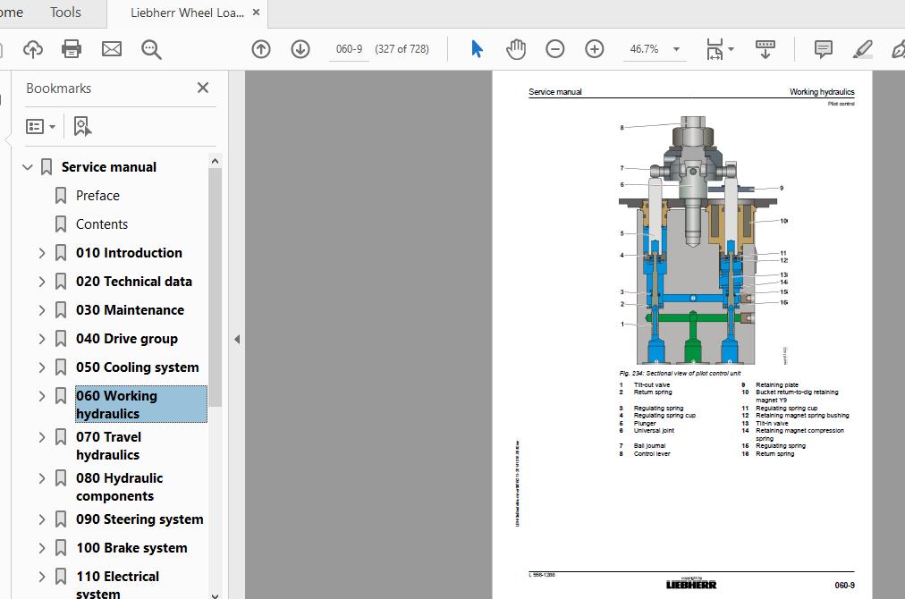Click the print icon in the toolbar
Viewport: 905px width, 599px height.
(72, 49)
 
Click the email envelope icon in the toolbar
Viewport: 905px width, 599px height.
(112, 49)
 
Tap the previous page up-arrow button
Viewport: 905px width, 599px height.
(261, 49)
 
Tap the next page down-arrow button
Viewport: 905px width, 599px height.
(300, 49)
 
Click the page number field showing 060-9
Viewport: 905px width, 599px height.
(348, 49)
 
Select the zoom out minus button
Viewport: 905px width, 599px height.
(555, 49)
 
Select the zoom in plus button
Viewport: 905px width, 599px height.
(595, 49)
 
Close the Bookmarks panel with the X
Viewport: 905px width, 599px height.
(203, 88)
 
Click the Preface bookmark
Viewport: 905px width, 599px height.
(97, 196)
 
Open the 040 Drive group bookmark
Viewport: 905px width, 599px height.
(126, 339)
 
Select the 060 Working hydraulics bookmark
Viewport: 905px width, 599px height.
(116, 404)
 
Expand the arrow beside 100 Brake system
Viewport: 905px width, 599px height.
(42, 548)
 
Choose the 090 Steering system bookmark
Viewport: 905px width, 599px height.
(139, 519)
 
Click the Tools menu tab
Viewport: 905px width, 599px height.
(65, 13)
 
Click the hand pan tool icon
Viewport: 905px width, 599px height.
(516, 49)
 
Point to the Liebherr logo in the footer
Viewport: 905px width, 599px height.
(690, 585)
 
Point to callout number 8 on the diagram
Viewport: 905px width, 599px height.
(622, 128)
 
